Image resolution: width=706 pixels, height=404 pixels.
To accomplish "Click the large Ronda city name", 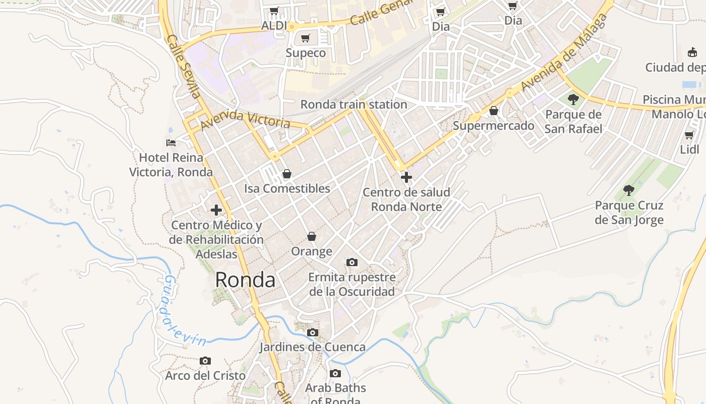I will [245, 280].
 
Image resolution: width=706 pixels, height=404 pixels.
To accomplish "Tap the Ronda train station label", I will [354, 105].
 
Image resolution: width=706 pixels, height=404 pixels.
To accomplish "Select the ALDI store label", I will [274, 26].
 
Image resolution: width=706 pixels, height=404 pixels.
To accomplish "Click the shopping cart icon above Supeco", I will [305, 38].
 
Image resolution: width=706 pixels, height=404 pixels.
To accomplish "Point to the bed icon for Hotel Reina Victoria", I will [171, 143].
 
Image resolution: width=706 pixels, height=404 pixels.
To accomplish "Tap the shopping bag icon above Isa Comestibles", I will [287, 174].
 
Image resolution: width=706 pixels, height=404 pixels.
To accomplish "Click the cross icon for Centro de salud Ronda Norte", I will [406, 177].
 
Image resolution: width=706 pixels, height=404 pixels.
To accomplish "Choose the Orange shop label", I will [312, 251].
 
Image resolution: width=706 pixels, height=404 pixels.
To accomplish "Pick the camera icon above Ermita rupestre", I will [352, 263].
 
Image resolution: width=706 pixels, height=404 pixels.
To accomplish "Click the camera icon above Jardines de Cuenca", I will [313, 333].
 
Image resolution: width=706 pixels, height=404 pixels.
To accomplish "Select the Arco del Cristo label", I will [205, 376].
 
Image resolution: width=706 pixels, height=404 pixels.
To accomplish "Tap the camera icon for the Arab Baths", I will [335, 374].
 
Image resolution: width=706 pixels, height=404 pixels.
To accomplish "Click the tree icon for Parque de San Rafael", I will [573, 99].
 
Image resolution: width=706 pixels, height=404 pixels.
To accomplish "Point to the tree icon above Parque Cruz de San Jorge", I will [628, 190].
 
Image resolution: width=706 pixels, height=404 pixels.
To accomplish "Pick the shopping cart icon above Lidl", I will [689, 135].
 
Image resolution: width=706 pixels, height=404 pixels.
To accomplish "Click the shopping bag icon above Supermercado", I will [493, 111].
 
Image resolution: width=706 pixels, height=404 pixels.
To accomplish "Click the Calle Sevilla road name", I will [184, 66].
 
